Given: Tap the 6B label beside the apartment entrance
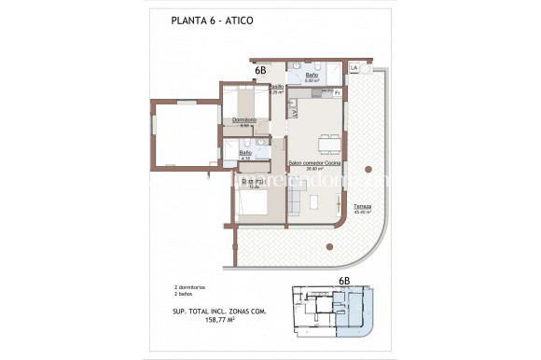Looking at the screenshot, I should coord(261,69).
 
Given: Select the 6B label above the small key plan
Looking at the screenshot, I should coord(343,280).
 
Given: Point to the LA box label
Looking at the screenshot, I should coord(354,69).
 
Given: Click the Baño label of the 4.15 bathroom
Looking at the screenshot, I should coord(245,152).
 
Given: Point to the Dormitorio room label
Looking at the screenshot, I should coord(244,119).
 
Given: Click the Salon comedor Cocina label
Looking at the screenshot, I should coord(313,162).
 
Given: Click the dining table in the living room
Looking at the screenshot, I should coord(329,143).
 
